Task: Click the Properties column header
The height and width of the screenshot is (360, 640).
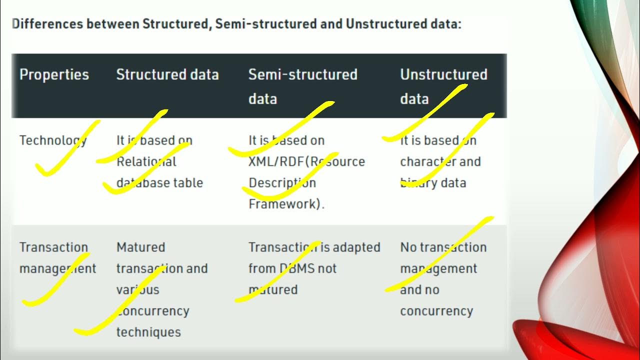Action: [54, 75]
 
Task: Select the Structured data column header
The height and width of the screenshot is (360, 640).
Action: [167, 75]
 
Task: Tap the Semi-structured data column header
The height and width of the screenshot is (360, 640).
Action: [302, 86]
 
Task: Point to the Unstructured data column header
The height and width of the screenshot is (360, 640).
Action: [443, 86]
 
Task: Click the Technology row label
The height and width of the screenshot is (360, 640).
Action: [53, 140]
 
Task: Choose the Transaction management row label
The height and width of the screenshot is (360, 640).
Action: [57, 258]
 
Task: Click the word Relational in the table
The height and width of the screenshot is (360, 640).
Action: [146, 162]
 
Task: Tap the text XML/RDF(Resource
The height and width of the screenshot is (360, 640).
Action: [306, 162]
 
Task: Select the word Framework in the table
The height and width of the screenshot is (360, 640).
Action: [284, 204]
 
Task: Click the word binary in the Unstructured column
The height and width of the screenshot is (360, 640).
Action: [415, 183]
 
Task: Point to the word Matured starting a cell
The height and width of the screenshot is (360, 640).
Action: [140, 247]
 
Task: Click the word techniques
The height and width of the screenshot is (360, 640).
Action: [148, 332]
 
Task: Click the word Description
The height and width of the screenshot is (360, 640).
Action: [282, 183]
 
